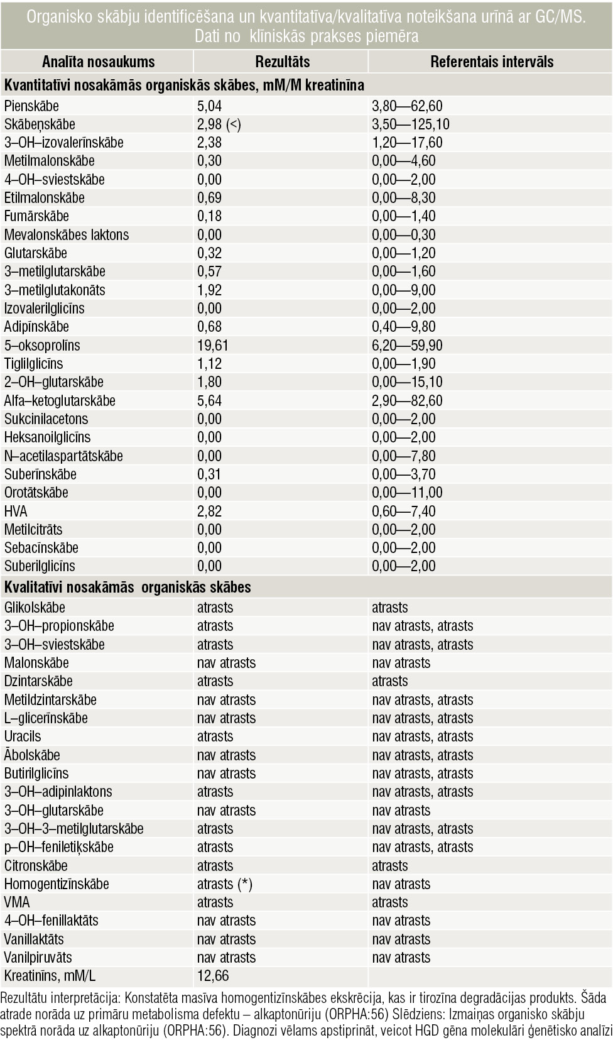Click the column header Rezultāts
(x=282, y=62)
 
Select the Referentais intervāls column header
(x=492, y=62)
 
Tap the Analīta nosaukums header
(x=99, y=62)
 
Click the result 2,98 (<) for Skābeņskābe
(x=219, y=124)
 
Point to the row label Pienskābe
(x=31, y=106)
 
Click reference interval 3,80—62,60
(x=407, y=106)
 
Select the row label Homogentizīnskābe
(x=57, y=884)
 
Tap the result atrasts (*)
(x=225, y=884)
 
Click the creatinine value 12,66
(x=213, y=975)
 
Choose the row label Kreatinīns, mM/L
(x=50, y=975)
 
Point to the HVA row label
(x=16, y=511)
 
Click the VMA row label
(x=17, y=902)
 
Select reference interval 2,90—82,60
(x=407, y=401)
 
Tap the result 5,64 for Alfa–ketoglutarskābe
(x=209, y=401)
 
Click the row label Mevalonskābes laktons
(x=67, y=235)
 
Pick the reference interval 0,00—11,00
(x=407, y=493)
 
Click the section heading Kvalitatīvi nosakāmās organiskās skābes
(x=127, y=588)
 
